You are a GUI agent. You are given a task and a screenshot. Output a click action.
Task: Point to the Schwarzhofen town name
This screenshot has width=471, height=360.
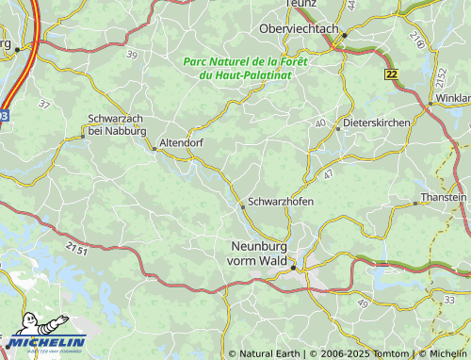pyautogui.click(x=281, y=203)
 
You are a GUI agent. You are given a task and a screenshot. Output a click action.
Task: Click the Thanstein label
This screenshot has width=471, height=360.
pyautogui.click(x=444, y=197)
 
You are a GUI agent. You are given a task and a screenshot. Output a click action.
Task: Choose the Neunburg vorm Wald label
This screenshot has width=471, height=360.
pyautogui.click(x=258, y=254)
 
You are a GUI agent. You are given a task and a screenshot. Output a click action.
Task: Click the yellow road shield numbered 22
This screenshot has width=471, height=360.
pyautogui.click(x=391, y=74)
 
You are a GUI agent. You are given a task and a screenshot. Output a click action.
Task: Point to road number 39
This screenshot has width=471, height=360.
pyautogui.click(x=131, y=57)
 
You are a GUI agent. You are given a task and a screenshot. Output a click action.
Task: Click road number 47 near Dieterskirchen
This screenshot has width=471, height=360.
pyautogui.click(x=327, y=175)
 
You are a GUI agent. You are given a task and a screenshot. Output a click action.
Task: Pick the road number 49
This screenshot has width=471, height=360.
pyautogui.click(x=363, y=303)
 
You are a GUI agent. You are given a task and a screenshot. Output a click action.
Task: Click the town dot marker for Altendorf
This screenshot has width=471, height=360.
pyautogui.click(x=155, y=149)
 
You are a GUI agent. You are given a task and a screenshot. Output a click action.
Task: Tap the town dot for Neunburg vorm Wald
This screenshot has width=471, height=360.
pyautogui.click(x=293, y=268)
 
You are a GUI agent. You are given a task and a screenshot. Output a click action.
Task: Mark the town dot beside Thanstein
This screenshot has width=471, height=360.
pyautogui.click(x=415, y=203)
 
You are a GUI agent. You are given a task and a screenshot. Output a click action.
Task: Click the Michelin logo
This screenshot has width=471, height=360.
pyautogui.click(x=44, y=341)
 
